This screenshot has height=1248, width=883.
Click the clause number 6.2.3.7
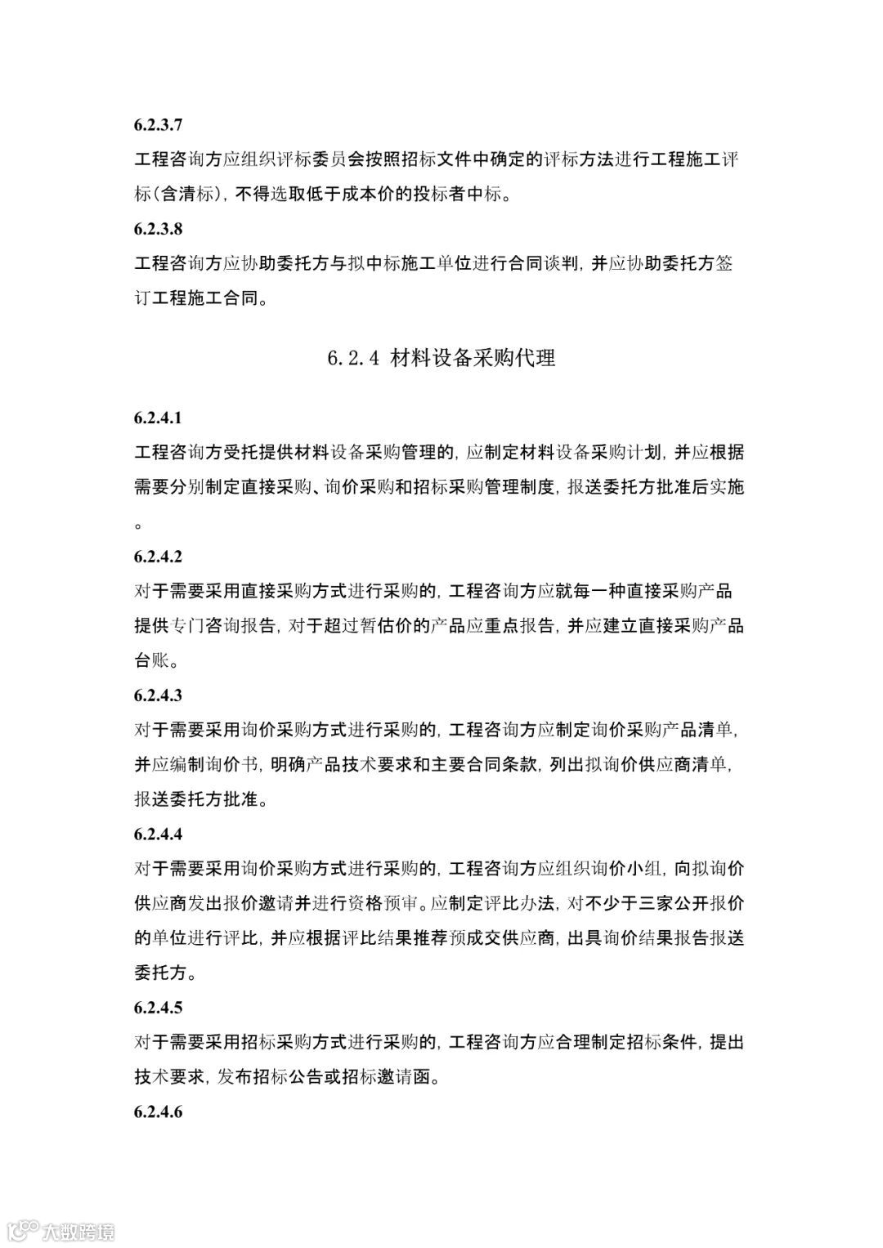tap(159, 125)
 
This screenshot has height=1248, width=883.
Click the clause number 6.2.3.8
tap(159, 230)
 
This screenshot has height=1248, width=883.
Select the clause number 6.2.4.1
tap(159, 418)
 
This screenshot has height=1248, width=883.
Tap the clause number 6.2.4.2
tap(159, 557)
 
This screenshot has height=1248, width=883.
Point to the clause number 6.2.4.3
tap(159, 696)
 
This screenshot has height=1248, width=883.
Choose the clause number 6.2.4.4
tap(159, 834)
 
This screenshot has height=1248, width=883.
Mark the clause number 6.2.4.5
tap(159, 1008)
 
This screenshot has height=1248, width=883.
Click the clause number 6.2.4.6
tap(159, 1112)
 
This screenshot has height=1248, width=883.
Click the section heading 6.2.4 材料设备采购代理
tap(441, 358)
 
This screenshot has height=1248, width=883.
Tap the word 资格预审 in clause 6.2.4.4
tap(382, 904)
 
